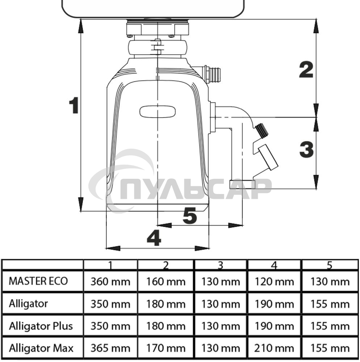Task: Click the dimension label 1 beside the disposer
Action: [x=74, y=105]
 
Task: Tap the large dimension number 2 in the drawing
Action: [x=306, y=70]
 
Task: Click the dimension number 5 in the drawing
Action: [x=190, y=216]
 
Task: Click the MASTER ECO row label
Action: [x=38, y=281]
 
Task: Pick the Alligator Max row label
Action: [x=41, y=348]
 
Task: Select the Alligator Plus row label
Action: [x=41, y=326]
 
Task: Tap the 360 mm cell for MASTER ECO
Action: [x=111, y=282]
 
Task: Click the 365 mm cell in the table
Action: [x=111, y=348]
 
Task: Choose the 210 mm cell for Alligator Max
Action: [x=274, y=348]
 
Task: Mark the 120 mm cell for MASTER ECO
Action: [x=274, y=282]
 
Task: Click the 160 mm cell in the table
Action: [x=166, y=282]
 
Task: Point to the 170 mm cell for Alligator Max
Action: [x=166, y=348]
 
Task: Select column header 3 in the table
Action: [x=220, y=265]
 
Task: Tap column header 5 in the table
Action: [x=329, y=265]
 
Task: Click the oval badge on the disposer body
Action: [x=158, y=112]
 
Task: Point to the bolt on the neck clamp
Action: [x=157, y=47]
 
